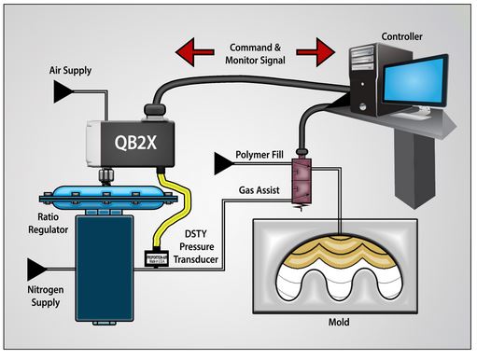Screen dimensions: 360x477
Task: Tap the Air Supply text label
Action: (x=72, y=70)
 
